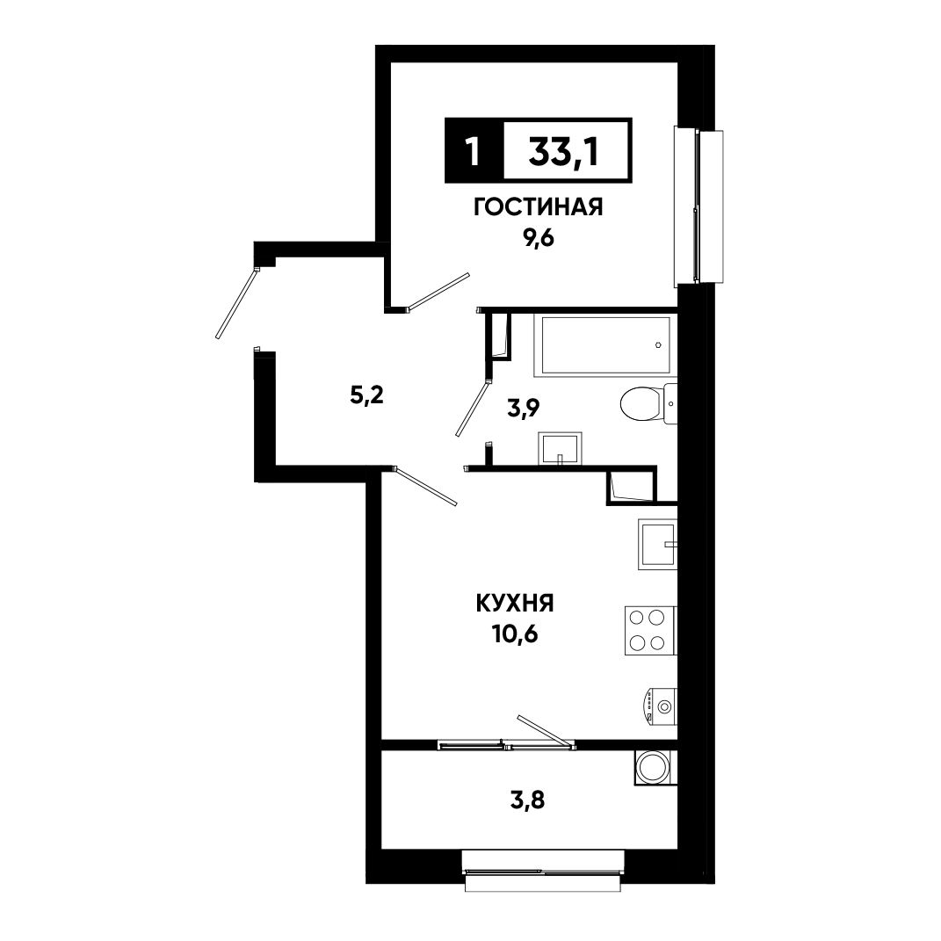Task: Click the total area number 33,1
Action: pos(563,152)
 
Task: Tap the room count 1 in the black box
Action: pos(474,152)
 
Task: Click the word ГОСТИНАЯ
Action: pos(539,207)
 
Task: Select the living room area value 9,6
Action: pos(539,239)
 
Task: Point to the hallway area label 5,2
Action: pos(366,395)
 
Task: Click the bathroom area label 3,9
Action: pos(524,409)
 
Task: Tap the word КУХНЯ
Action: pos(515,603)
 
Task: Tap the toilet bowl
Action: pos(648,404)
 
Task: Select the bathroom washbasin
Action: pos(560,448)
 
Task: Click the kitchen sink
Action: pos(657,544)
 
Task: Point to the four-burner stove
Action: pos(650,630)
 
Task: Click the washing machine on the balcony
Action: pos(655,767)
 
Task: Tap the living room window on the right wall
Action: pos(698,206)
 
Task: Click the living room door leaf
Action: pos(438,292)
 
